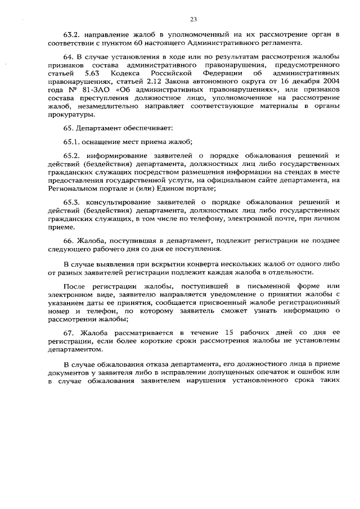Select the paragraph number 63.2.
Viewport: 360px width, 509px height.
tap(73, 35)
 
